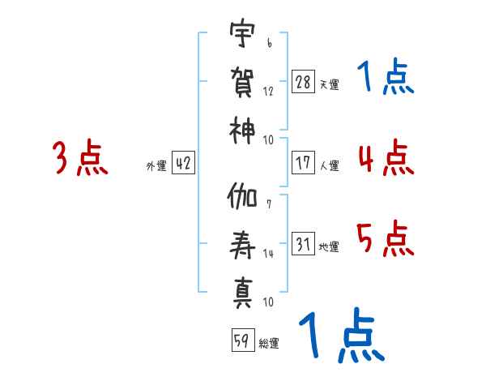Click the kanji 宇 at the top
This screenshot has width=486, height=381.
point(242,32)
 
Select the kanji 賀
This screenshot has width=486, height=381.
point(242,82)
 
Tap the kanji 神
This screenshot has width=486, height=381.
point(241,131)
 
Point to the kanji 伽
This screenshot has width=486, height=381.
point(241,196)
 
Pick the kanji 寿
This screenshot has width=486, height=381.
point(242,245)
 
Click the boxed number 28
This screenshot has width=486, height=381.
point(303,82)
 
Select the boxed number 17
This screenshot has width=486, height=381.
point(303,163)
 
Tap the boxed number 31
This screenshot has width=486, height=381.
point(303,243)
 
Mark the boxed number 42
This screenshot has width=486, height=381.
point(183,163)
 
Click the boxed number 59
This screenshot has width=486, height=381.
point(243,340)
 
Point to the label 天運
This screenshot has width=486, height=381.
point(329,84)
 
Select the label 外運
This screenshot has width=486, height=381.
point(156,165)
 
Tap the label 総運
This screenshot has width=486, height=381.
point(269,343)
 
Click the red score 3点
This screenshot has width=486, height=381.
point(80,157)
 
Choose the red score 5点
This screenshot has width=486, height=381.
point(386,238)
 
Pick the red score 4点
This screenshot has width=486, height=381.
point(386,157)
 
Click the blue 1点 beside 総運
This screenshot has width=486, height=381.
point(342,335)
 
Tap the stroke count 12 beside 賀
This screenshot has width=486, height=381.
point(268,92)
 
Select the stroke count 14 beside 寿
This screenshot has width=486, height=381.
point(268,254)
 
